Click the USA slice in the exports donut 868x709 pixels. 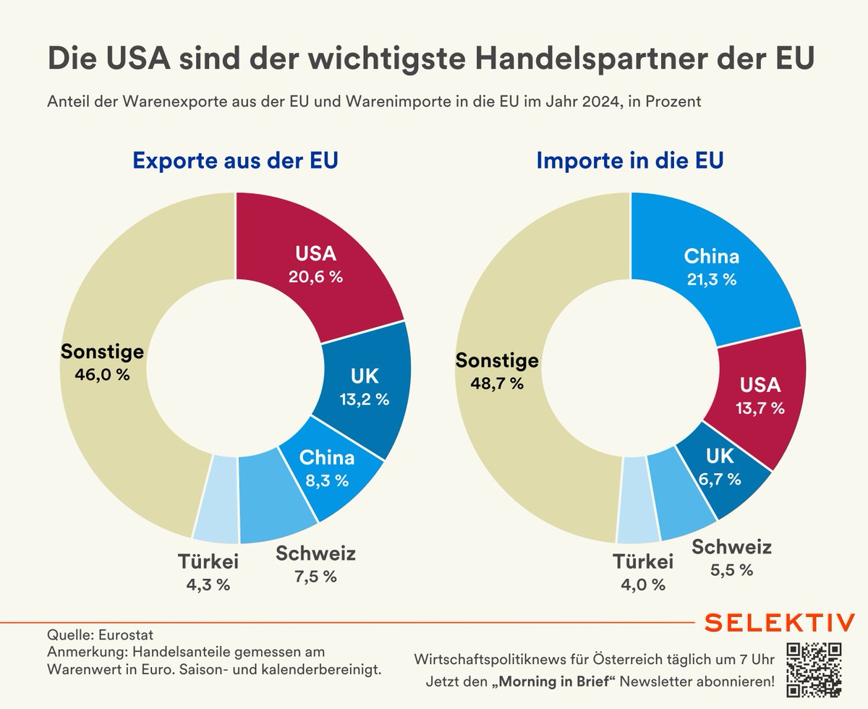(x=318, y=264)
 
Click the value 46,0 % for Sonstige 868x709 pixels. (x=102, y=375)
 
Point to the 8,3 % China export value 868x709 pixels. (x=327, y=479)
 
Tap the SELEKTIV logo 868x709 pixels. (x=779, y=622)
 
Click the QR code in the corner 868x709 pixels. (x=814, y=668)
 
